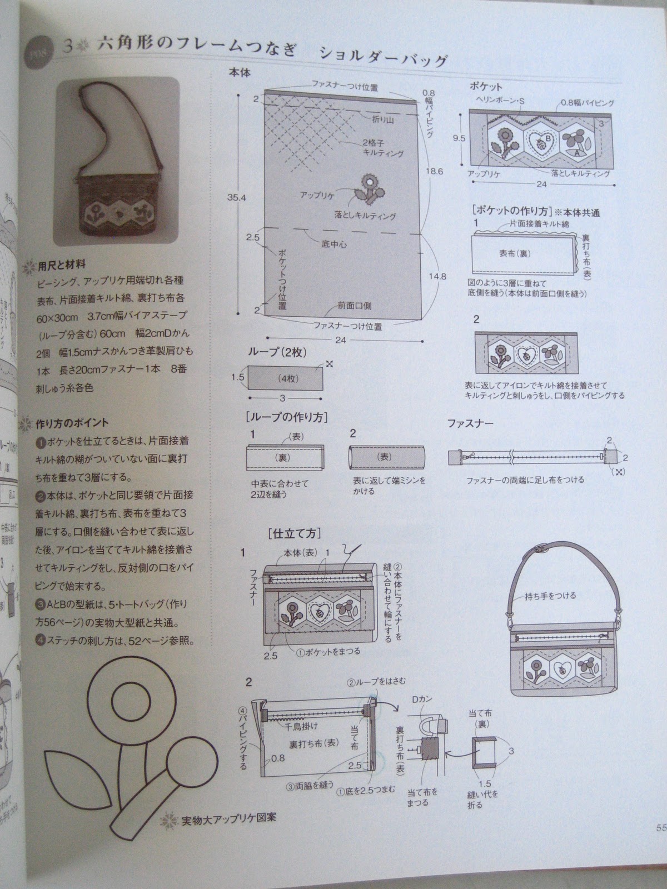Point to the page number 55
660,826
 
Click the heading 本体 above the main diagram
241,73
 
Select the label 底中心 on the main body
334,243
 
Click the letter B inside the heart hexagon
547,138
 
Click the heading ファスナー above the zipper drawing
470,423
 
